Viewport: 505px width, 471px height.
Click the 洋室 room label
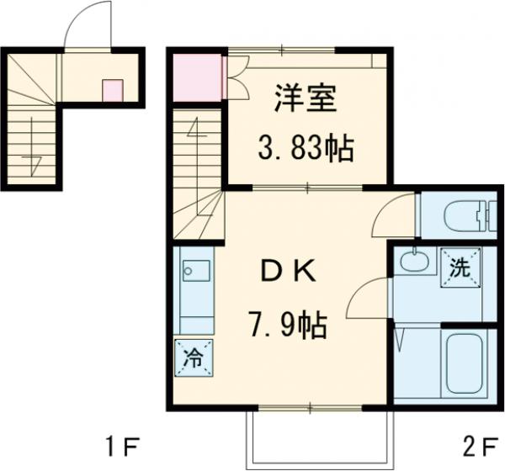pyautogui.click(x=305, y=99)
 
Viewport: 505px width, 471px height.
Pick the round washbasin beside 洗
pyautogui.click(x=412, y=262)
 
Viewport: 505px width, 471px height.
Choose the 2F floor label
pyautogui.click(x=475, y=443)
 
